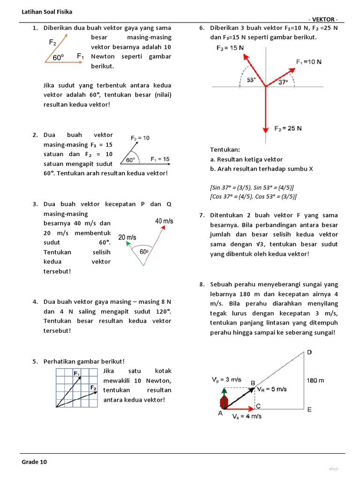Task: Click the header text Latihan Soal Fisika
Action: (47, 11)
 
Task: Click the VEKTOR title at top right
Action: (323, 19)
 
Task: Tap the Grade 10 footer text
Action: (35, 462)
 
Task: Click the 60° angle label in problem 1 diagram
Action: (59, 58)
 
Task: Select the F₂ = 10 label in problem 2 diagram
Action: (140, 138)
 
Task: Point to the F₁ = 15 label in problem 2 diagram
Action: (160, 159)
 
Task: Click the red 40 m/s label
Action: (164, 221)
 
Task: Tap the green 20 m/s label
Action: (127, 238)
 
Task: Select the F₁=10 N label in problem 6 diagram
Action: (309, 61)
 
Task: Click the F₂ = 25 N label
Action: (288, 128)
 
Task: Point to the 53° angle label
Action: (251, 80)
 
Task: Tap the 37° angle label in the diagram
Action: (283, 82)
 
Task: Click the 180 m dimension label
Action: (315, 381)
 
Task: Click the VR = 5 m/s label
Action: (271, 389)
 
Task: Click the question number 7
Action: (202, 215)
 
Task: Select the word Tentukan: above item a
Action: (225, 150)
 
